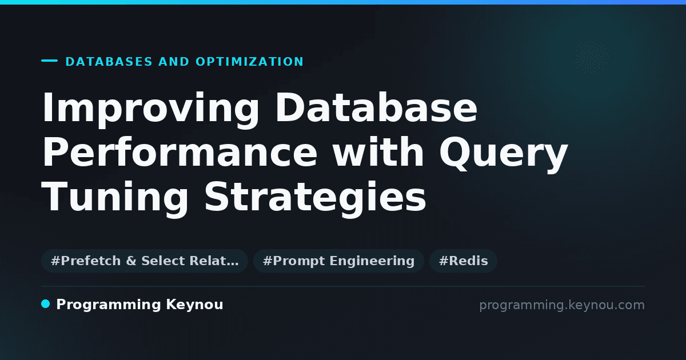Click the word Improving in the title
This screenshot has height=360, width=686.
tap(150, 110)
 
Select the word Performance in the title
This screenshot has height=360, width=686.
tap(180, 152)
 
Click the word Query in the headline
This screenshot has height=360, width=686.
tap(504, 155)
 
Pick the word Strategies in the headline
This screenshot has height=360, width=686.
tap(316, 199)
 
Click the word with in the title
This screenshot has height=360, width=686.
tap(378, 152)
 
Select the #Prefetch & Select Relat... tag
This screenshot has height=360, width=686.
tap(145, 261)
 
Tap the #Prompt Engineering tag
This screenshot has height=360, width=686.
tap(338, 261)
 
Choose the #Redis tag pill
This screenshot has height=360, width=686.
tap(463, 261)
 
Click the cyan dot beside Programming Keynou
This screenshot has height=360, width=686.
tap(46, 304)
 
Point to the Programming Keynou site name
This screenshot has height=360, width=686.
tap(139, 305)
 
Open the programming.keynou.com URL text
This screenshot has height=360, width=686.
tap(562, 305)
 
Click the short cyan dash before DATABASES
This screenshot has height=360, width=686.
tap(50, 61)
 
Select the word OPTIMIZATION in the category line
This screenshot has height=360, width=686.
tap(249, 62)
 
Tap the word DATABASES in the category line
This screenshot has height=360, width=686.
tap(109, 62)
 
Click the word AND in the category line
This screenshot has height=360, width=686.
tap(174, 62)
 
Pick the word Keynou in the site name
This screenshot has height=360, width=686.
tap(194, 305)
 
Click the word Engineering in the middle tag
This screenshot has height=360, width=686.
tap(372, 261)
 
